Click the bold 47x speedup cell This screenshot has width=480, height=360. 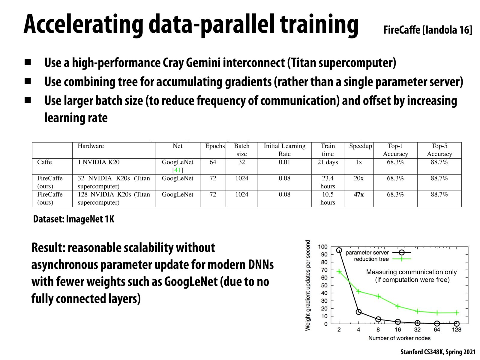358,194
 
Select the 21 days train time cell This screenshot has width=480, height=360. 328,162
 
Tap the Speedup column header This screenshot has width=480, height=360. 360,146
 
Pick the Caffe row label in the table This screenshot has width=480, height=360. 44,162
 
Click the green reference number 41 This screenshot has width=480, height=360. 178,170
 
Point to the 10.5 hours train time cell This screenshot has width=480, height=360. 328,198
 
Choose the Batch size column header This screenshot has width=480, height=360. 241,150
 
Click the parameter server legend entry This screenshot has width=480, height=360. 367,253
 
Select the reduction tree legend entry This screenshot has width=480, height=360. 371,259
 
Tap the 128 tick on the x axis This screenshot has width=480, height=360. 456,330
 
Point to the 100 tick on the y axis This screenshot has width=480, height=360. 323,247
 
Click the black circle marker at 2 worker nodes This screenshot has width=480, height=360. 339,250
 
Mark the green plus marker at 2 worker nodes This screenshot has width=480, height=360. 339,271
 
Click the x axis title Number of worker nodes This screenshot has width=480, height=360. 399,338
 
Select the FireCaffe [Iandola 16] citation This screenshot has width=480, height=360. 427,30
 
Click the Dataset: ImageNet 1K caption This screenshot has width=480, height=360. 73,219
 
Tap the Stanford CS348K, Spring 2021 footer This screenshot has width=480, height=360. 438,352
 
